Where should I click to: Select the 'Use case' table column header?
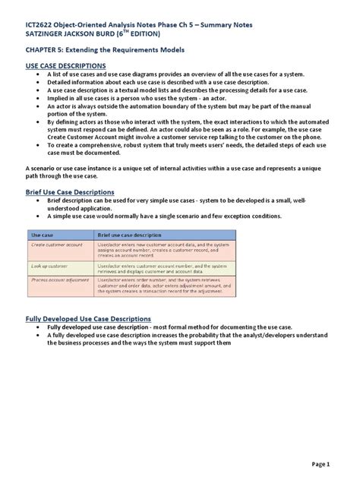43,237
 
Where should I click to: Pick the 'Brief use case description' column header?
129,237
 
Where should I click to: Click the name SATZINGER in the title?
49,35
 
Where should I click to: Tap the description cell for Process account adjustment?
163,286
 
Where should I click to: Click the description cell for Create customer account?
163,249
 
